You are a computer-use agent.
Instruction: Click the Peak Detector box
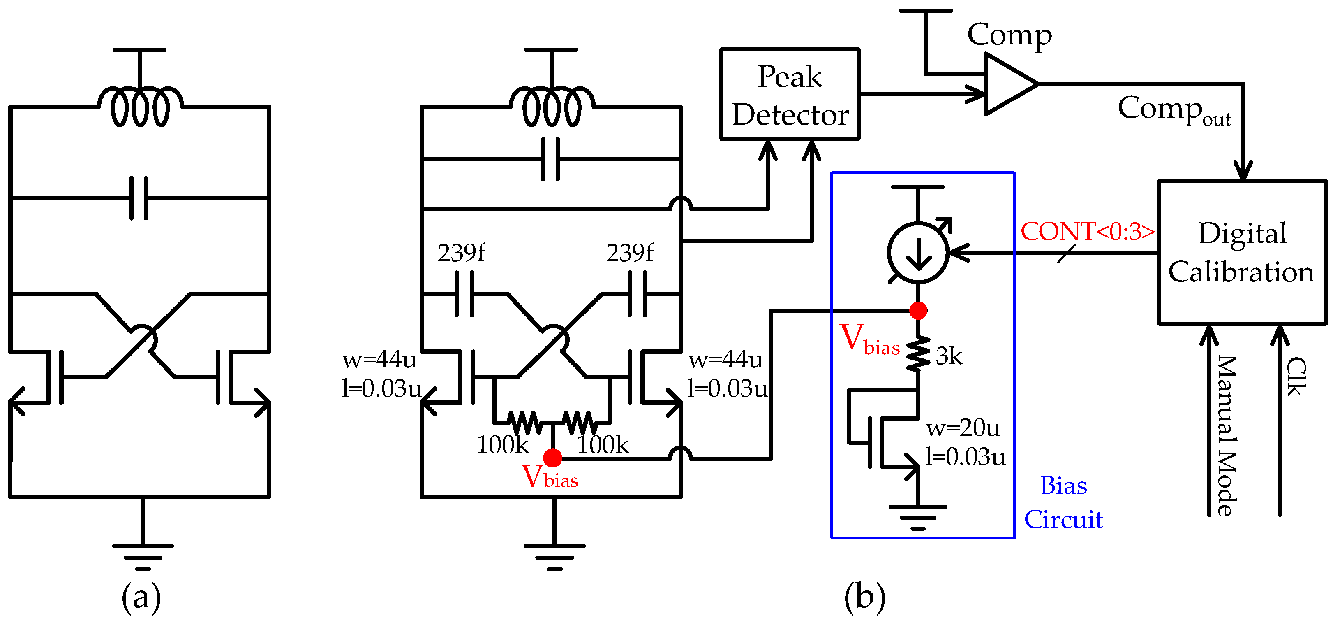789,94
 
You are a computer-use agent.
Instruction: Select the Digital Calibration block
1241,252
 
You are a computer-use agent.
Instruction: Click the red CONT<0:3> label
1087,232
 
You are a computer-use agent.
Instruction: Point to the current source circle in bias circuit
918,253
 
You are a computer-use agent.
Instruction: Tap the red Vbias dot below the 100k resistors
553,458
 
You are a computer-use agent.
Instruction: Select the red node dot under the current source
918,311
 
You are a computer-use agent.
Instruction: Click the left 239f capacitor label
461,253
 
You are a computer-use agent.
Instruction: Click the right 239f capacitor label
629,253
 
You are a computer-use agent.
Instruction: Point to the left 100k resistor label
501,445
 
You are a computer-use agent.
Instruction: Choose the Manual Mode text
1227,435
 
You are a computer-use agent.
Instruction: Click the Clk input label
1295,377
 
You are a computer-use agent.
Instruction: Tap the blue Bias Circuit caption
1063,502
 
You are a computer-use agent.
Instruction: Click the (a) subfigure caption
141,597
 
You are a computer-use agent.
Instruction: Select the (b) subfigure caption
864,597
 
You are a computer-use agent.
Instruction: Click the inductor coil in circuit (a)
140,108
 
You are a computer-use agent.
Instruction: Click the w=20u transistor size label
963,428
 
